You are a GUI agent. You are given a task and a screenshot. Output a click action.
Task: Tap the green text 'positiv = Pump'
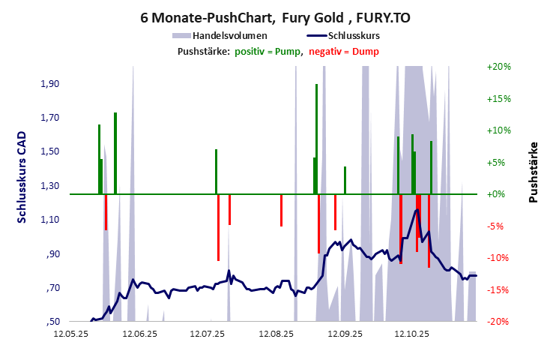coord(267,51)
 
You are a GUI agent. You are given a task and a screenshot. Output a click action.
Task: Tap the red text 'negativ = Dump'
coord(344,51)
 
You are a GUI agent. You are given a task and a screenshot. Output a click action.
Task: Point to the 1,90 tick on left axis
coord(49,84)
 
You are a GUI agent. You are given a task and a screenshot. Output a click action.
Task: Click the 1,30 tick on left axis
coord(49,186)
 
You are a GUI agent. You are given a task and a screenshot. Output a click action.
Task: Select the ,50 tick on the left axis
coord(52,322)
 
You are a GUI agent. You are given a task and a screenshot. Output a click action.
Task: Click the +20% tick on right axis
coord(498,67)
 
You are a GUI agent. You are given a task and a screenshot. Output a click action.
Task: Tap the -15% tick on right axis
coord(498,290)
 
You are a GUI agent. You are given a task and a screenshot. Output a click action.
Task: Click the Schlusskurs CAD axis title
coord(22,176)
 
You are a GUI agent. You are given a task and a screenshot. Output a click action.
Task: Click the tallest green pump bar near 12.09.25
coord(317,139)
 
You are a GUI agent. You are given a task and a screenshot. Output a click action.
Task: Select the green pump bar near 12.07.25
coord(216,171)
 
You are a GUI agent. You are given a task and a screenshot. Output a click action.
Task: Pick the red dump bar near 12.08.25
coord(281,210)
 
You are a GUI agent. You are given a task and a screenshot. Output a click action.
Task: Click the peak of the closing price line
coord(416,210)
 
